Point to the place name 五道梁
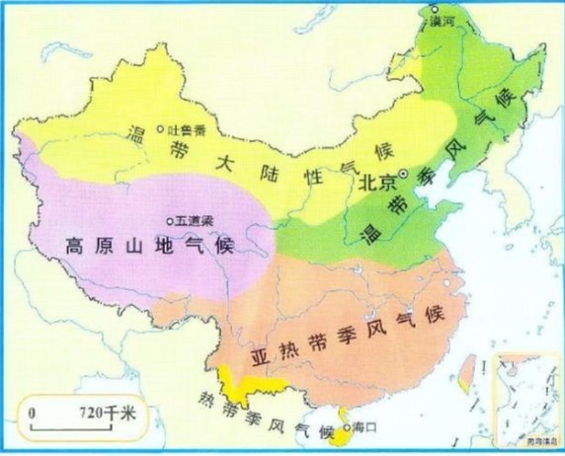(x=194, y=220)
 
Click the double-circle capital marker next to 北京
(x=403, y=175)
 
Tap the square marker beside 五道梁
(x=170, y=220)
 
